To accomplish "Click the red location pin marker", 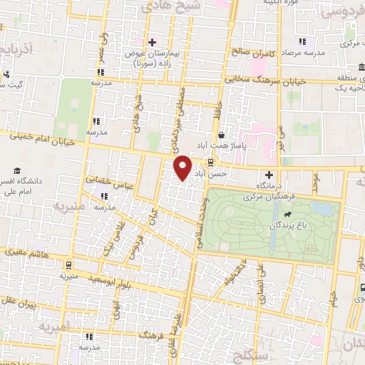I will coord(183,168).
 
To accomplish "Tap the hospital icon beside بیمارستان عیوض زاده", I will coord(151,42).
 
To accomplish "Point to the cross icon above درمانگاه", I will coord(269,174).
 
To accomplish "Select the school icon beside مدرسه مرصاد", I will coord(302,41).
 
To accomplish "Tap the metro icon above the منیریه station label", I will coord(68,262).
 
